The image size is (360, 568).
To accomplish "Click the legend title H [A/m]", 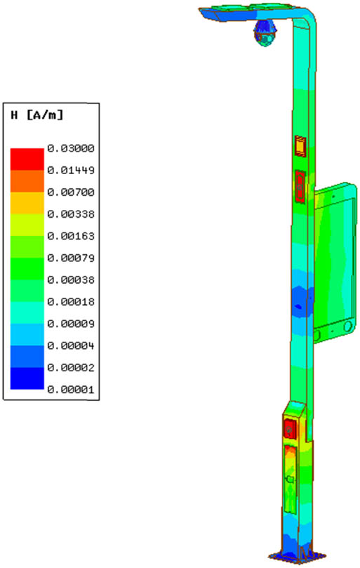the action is [37, 115].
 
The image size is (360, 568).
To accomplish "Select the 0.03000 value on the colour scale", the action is [71, 148].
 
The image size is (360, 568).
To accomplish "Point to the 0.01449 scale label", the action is [71, 170].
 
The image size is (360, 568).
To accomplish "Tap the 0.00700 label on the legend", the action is [71, 192].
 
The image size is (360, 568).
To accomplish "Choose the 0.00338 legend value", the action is [71, 214].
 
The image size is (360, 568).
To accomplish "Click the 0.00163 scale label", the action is [71, 236].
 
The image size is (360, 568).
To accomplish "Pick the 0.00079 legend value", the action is [71, 258].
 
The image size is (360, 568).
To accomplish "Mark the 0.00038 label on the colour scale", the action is [71, 279].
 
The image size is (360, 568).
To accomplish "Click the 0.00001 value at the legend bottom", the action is [71, 390].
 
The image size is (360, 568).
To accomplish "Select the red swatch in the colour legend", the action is [27, 159].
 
